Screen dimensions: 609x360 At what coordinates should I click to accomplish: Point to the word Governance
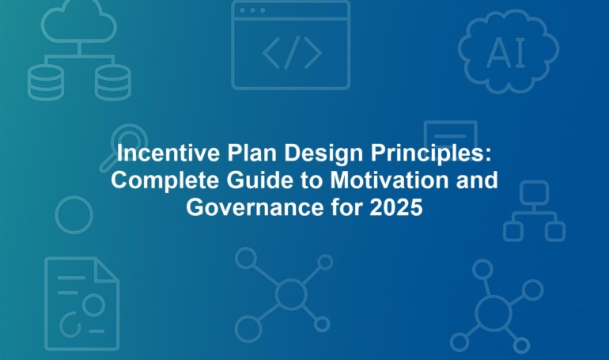click(x=255, y=207)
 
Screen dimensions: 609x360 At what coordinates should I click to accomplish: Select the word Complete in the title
click(x=165, y=181)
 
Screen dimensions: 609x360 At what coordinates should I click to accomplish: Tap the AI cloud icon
click(x=509, y=51)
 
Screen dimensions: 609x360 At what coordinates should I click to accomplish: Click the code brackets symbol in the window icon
click(x=292, y=52)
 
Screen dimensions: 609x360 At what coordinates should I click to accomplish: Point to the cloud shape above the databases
click(x=79, y=21)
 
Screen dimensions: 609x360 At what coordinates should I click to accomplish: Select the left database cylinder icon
click(x=46, y=82)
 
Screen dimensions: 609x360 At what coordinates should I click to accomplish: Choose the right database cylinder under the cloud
click(x=113, y=82)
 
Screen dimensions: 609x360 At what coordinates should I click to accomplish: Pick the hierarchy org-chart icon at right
click(x=535, y=212)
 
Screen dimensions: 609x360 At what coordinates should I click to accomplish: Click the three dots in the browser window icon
click(x=252, y=10)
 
